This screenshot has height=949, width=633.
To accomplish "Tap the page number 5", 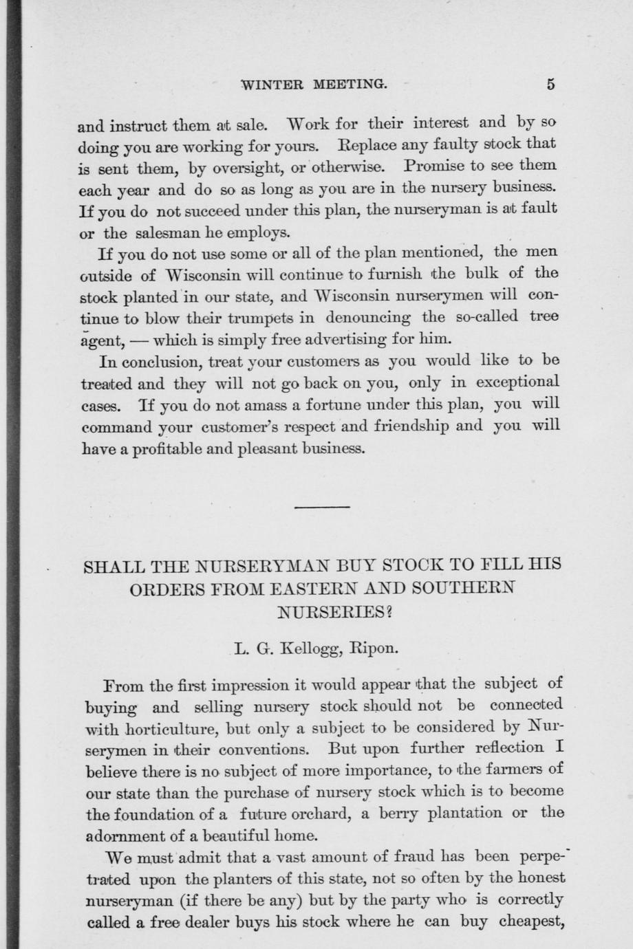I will pos(550,85).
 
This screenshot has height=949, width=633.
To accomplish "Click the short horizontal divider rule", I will pos(322,507).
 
